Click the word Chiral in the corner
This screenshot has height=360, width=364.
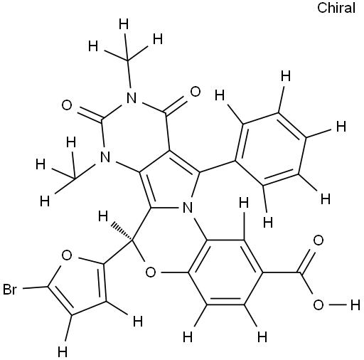click(336, 8)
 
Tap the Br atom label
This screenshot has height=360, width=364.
click(10, 290)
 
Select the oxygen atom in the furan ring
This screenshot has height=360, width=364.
click(67, 255)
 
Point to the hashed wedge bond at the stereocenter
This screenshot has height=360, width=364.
click(122, 231)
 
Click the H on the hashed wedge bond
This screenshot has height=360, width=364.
click(103, 216)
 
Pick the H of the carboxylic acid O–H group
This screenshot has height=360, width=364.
click(355, 305)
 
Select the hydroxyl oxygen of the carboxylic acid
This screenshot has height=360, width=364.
click(318, 305)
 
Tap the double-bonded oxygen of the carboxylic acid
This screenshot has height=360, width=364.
click(318, 240)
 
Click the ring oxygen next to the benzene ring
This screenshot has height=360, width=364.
click(151, 272)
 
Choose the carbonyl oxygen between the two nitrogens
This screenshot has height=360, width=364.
click(67, 105)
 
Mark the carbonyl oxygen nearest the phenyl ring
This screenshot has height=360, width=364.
click(196, 92)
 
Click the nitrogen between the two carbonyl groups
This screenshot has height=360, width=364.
click(132, 97)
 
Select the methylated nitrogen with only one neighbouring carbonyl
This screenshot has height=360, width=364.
click(105, 157)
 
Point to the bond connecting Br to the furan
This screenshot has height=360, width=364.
click(35, 287)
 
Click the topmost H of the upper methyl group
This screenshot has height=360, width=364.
click(124, 24)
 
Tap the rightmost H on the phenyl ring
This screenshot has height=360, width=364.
click(341, 126)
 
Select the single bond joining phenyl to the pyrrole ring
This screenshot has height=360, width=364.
click(218, 166)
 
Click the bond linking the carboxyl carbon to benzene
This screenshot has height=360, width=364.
click(282, 272)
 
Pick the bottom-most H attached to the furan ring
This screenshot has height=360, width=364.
click(63, 351)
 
